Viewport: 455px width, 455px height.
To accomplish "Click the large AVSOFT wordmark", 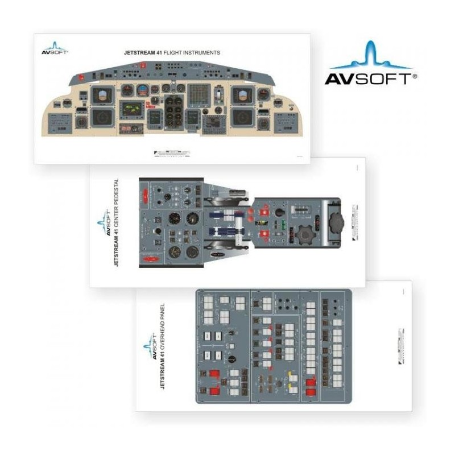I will point(367,78).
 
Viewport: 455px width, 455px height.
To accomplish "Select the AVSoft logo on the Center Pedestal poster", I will point(102,223).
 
